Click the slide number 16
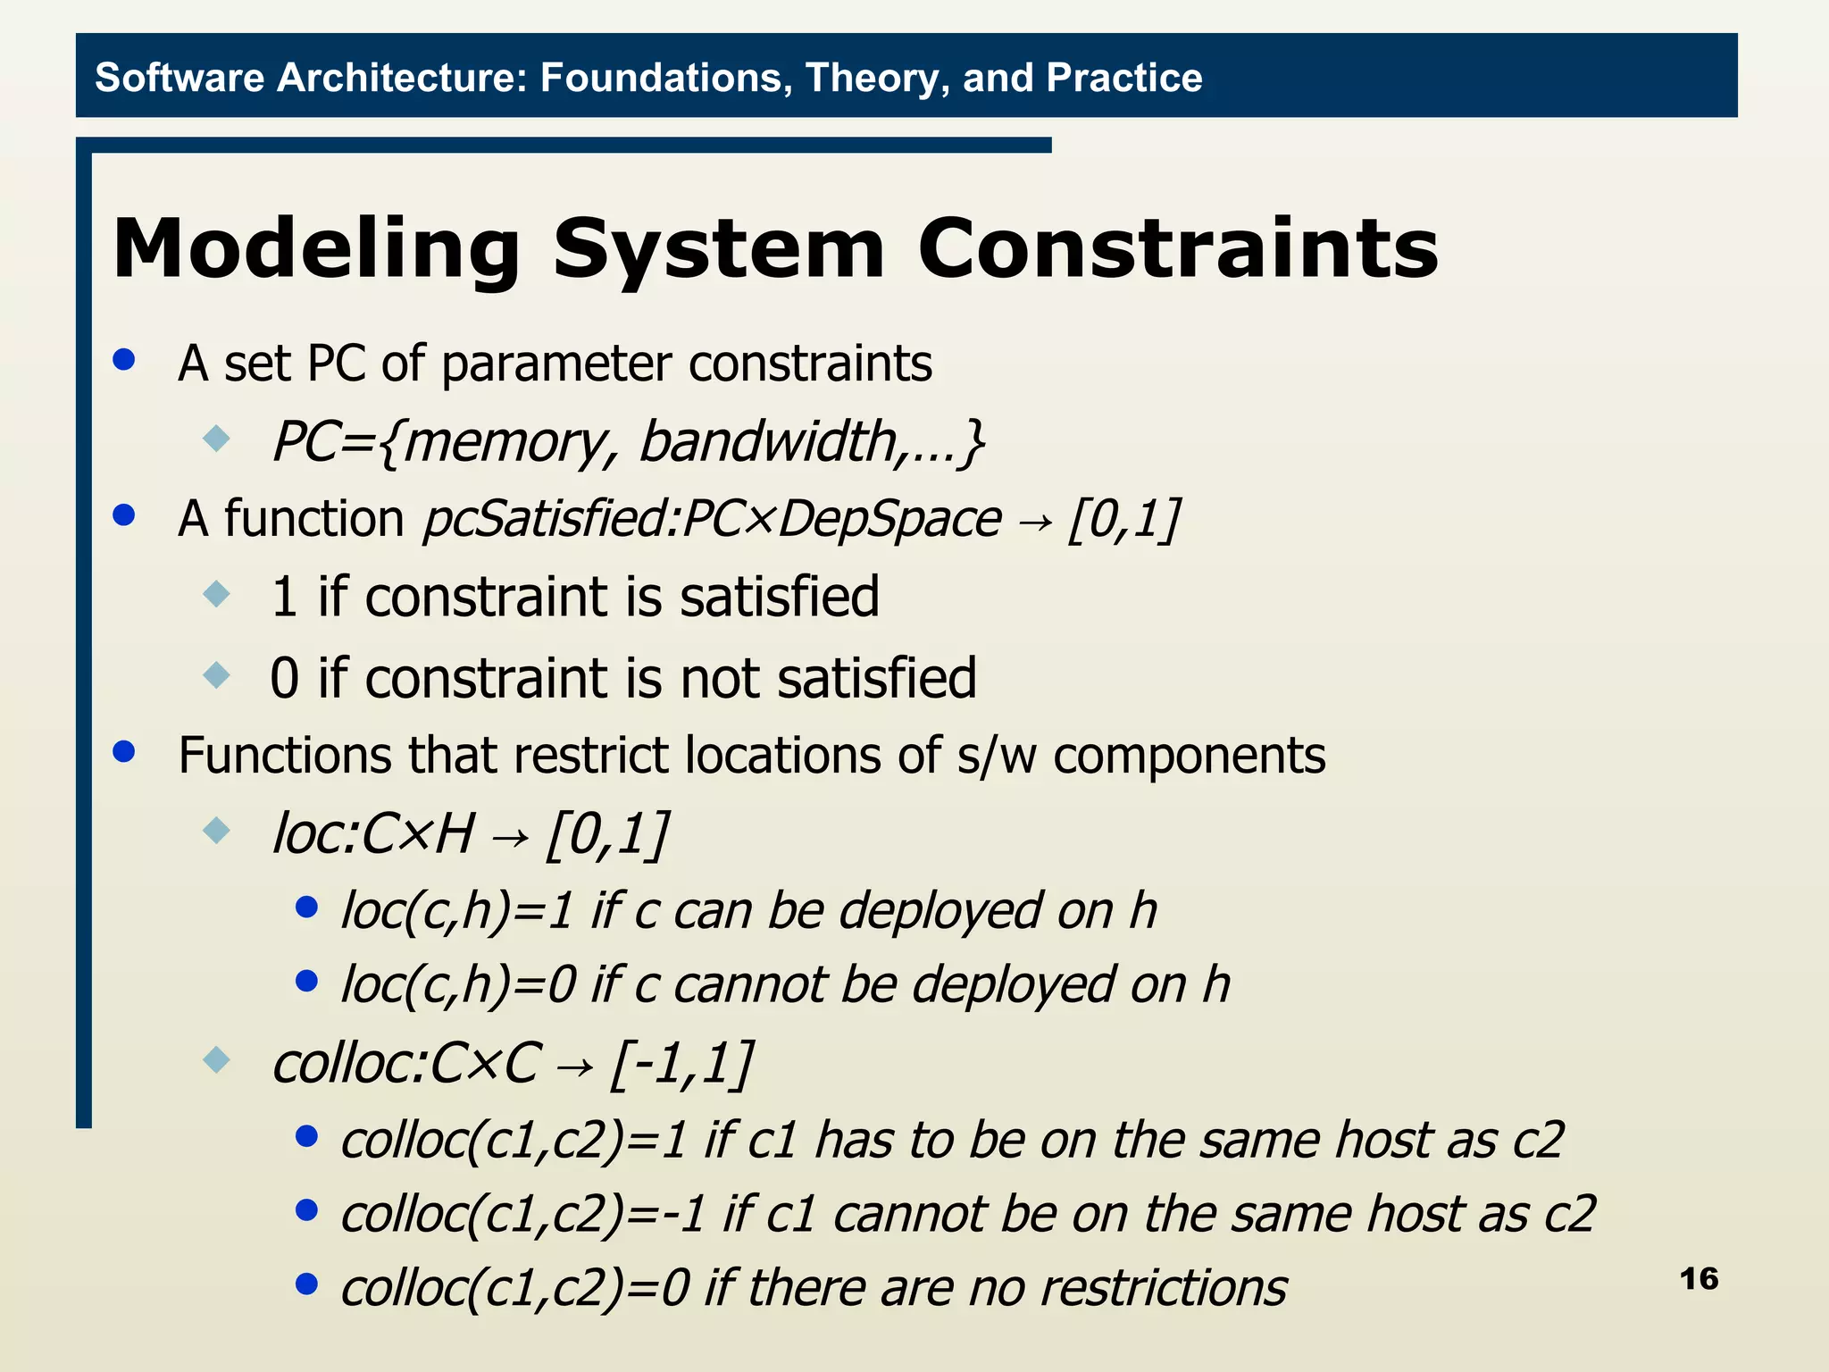pos(1698,1278)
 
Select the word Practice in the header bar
pos(1124,78)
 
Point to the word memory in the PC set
pos(504,442)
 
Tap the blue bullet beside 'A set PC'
pos(124,360)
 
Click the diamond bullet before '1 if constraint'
pos(216,593)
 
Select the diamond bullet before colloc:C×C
pos(216,1060)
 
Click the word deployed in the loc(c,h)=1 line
pos(940,910)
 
